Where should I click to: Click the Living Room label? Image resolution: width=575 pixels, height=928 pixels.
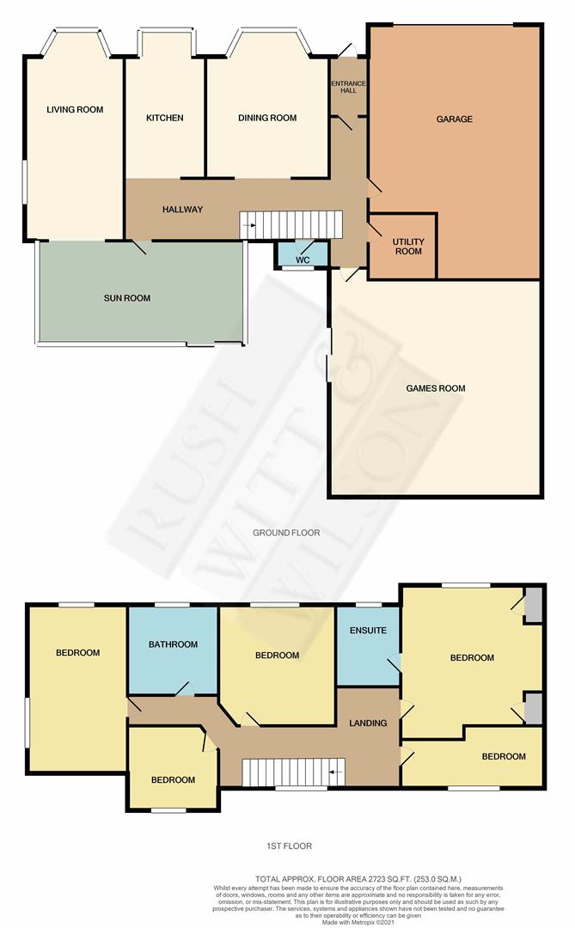click(x=75, y=109)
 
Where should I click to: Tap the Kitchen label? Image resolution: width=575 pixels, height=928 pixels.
click(x=165, y=118)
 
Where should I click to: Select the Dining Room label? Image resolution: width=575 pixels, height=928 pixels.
click(x=267, y=118)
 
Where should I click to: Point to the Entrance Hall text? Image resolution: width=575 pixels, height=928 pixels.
click(x=348, y=87)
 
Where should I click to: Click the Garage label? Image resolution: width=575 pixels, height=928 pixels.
click(x=454, y=119)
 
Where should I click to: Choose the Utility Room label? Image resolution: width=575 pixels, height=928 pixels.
click(x=408, y=247)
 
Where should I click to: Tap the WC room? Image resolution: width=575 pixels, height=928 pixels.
click(x=303, y=254)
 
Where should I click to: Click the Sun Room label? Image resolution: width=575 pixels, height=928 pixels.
click(x=126, y=298)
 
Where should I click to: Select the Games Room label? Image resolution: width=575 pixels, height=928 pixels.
click(x=435, y=388)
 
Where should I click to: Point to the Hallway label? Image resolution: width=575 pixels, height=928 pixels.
click(x=182, y=210)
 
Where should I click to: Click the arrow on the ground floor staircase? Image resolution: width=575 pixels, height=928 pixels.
click(x=249, y=225)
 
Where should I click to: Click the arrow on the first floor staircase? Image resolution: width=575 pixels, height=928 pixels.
click(x=336, y=772)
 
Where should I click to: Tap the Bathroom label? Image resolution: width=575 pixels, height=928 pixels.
click(x=173, y=644)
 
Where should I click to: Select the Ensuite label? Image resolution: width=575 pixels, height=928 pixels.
click(x=368, y=631)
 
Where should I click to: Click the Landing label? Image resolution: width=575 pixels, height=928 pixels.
click(x=368, y=723)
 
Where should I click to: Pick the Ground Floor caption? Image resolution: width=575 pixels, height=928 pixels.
click(x=286, y=533)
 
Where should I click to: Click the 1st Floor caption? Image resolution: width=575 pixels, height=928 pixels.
click(x=289, y=846)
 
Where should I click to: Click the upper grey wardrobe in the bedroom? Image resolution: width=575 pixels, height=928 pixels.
click(x=534, y=604)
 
